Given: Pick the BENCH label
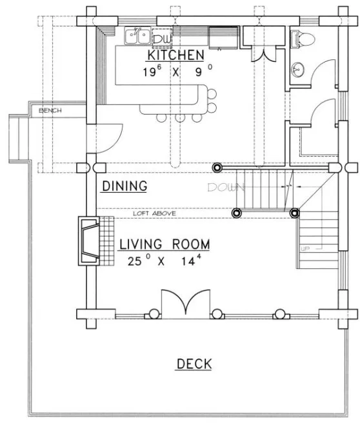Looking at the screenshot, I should (x=50, y=111).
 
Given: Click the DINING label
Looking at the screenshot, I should (x=125, y=186).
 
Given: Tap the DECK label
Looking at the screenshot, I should (x=194, y=364).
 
